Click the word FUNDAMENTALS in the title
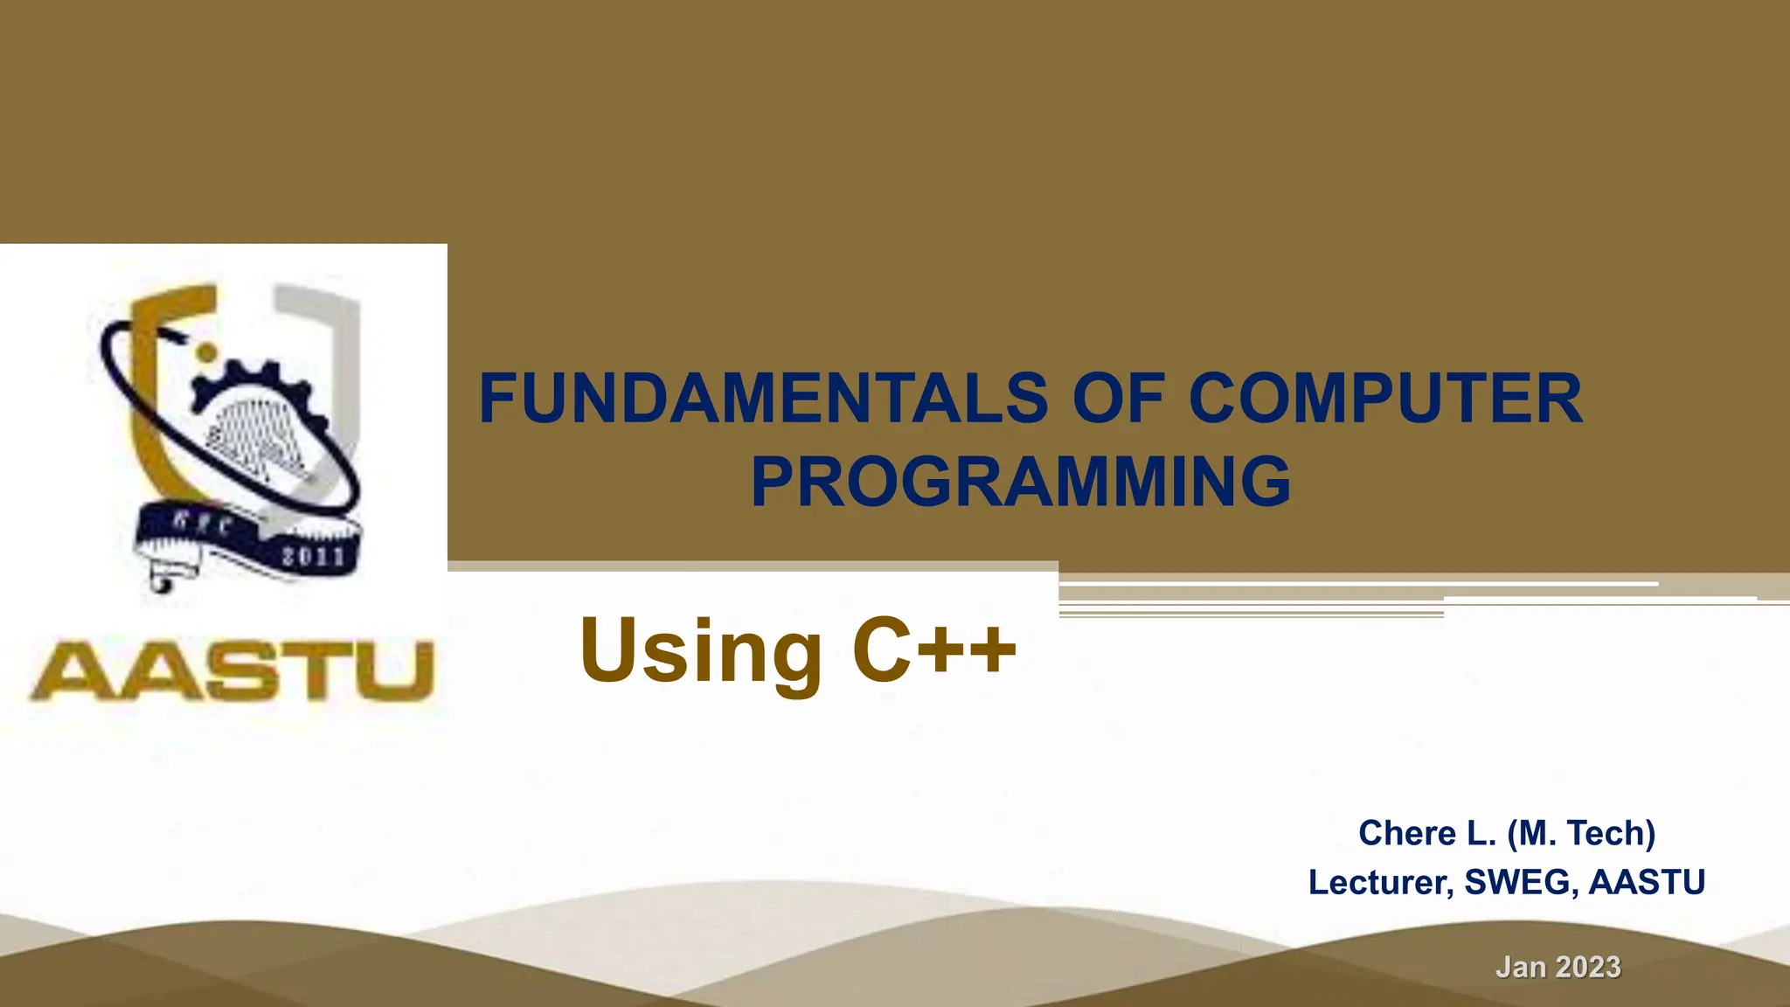tap(763, 399)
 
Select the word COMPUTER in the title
tap(1385, 399)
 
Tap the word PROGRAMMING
tap(1020, 482)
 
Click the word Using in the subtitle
tap(699, 651)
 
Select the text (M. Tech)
tap(1581, 834)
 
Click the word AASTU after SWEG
tap(1647, 882)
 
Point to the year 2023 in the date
tap(1588, 967)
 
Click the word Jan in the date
tap(1520, 967)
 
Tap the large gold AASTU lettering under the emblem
tap(232, 671)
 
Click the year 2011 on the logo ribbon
tap(313, 556)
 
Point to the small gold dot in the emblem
tap(206, 352)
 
